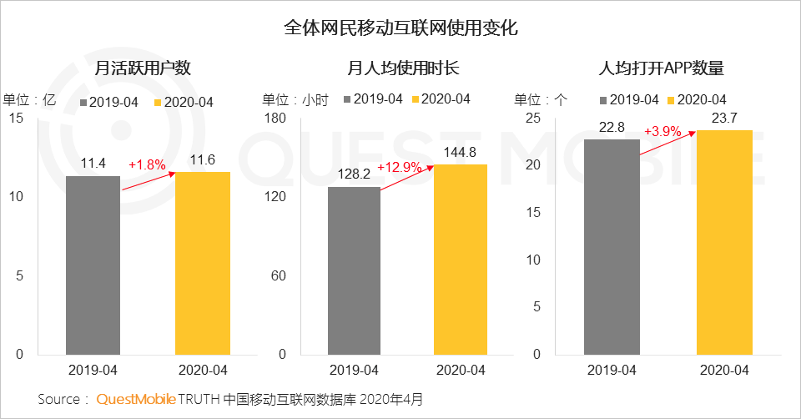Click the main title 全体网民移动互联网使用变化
coord(400,28)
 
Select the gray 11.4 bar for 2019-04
coord(93,265)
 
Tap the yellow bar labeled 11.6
coord(203,263)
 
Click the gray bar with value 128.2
coord(354,270)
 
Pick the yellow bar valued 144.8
coord(460,260)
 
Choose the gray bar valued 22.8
coord(612,247)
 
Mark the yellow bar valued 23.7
coord(724,242)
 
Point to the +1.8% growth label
coord(147,165)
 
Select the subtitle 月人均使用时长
coord(403,68)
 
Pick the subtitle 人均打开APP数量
coord(661,68)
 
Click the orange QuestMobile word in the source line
coord(136,400)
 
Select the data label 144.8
coord(460,152)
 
